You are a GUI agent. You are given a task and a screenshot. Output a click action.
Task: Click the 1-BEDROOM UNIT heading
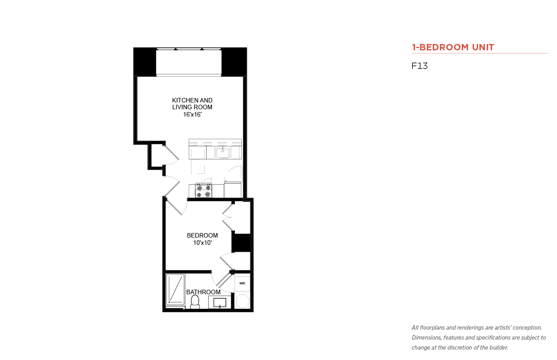pyautogui.click(x=453, y=47)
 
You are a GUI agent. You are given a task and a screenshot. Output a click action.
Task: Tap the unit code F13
pyautogui.click(x=420, y=66)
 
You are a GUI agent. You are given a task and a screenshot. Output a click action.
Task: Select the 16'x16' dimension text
pyautogui.click(x=192, y=114)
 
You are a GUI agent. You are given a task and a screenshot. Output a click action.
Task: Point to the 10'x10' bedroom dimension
pyautogui.click(x=202, y=243)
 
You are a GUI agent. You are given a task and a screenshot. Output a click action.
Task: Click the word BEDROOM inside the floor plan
pyautogui.click(x=202, y=235)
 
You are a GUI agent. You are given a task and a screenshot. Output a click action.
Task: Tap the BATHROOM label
pyautogui.click(x=203, y=292)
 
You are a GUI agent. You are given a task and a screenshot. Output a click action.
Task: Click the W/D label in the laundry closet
pyautogui.click(x=242, y=283)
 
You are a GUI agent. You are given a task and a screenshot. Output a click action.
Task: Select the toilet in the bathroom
pyautogui.click(x=195, y=302)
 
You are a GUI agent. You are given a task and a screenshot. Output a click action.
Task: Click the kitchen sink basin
pyautogui.click(x=223, y=153)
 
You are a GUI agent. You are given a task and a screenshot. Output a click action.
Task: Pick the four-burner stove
pyautogui.click(x=204, y=190)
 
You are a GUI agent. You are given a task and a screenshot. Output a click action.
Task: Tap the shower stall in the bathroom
pyautogui.click(x=175, y=290)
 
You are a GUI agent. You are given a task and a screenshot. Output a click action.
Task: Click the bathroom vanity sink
pyautogui.click(x=220, y=302)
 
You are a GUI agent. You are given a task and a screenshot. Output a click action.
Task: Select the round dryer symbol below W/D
pyautogui.click(x=243, y=301)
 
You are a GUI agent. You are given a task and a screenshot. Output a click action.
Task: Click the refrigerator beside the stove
pyautogui.click(x=233, y=190)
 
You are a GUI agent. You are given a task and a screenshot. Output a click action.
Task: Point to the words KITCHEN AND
pyautogui.click(x=192, y=101)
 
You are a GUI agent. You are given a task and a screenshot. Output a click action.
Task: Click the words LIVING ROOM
pyautogui.click(x=192, y=107)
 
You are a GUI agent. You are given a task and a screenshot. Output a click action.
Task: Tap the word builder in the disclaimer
pyautogui.click(x=498, y=348)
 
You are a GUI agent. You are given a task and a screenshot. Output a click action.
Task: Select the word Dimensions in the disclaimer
pyautogui.click(x=427, y=338)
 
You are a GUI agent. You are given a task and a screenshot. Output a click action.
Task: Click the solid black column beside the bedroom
pyautogui.click(x=241, y=243)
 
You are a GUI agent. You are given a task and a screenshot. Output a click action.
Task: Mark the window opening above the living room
pyautogui.click(x=189, y=62)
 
